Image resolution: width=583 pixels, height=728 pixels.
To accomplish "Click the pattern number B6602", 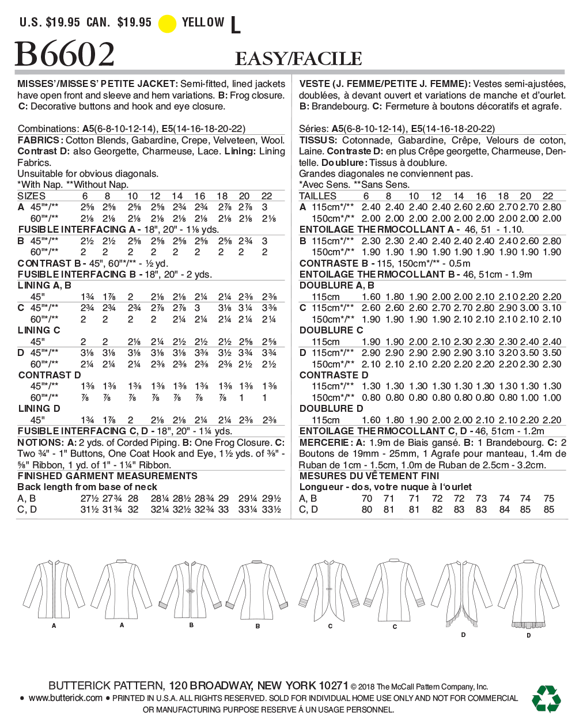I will (x=65, y=55).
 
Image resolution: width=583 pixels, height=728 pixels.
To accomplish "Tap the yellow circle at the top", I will (x=167, y=24).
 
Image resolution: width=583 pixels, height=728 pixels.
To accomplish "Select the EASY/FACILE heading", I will (x=298, y=59).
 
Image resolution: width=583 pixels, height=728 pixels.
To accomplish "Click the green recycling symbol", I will (x=546, y=699).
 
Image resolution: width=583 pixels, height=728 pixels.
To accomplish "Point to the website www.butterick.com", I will (x=65, y=698).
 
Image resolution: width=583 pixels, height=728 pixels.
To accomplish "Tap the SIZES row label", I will (x=32, y=196).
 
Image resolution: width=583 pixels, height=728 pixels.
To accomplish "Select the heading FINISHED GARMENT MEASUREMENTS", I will (x=108, y=476).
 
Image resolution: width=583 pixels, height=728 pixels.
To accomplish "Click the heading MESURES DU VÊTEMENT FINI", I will (x=369, y=476).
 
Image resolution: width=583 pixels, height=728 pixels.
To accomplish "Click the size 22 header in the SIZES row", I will (x=266, y=196).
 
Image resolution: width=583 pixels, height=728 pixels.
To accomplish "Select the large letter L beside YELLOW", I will (x=235, y=25).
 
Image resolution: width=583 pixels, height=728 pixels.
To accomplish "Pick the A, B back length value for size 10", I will (x=133, y=498).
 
